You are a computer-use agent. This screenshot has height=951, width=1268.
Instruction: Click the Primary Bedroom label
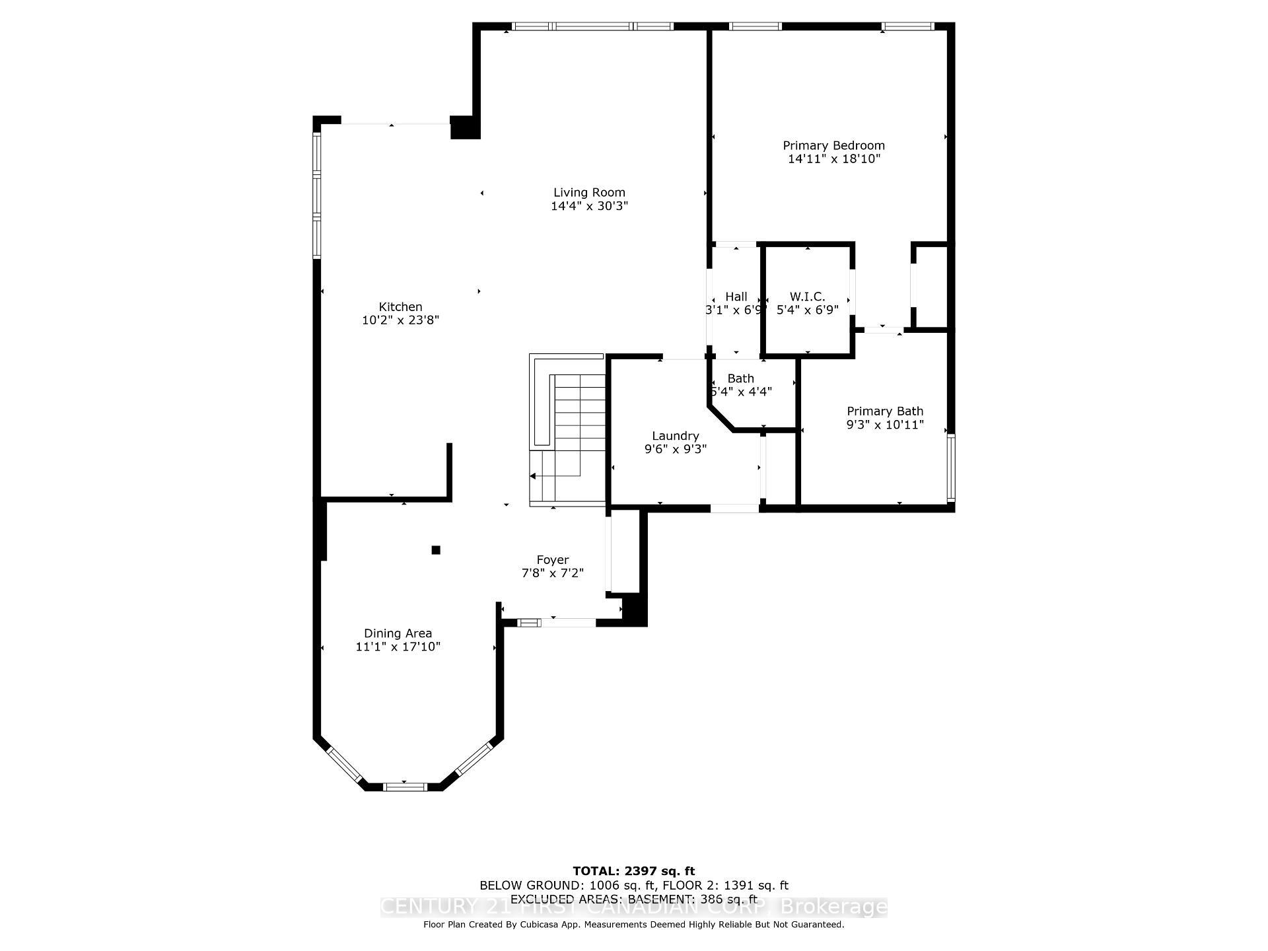click(833, 145)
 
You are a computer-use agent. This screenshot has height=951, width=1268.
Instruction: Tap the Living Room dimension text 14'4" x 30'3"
click(589, 206)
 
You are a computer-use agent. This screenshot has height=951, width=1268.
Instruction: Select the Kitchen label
click(400, 306)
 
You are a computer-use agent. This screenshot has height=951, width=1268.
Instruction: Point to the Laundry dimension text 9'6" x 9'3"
click(675, 449)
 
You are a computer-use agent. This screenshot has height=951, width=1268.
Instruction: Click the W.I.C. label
click(807, 297)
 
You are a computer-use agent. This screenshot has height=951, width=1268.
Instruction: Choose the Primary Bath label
click(885, 411)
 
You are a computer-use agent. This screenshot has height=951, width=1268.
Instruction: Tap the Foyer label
click(552, 560)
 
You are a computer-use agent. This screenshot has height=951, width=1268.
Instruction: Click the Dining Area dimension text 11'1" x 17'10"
click(398, 647)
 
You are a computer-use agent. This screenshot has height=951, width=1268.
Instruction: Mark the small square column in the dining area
click(436, 549)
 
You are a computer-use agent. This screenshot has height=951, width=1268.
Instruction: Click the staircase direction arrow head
click(533, 475)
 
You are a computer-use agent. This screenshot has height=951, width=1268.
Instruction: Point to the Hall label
click(736, 297)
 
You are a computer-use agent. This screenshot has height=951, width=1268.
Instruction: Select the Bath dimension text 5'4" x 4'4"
click(741, 392)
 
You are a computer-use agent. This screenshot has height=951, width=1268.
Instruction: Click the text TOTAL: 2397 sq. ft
click(633, 871)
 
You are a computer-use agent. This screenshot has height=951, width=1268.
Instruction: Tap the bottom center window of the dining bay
click(405, 786)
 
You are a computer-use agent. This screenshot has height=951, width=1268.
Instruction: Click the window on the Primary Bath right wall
click(950, 467)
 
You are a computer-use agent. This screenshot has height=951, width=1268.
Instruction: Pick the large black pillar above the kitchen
click(465, 127)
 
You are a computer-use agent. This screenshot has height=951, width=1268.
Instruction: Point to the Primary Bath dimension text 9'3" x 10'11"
click(885, 425)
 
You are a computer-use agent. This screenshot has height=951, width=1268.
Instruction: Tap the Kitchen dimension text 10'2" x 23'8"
click(400, 320)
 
